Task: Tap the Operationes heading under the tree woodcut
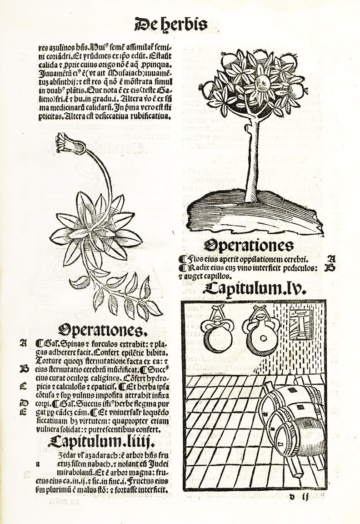[x=249, y=246]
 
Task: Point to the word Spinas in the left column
[x=70, y=344]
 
